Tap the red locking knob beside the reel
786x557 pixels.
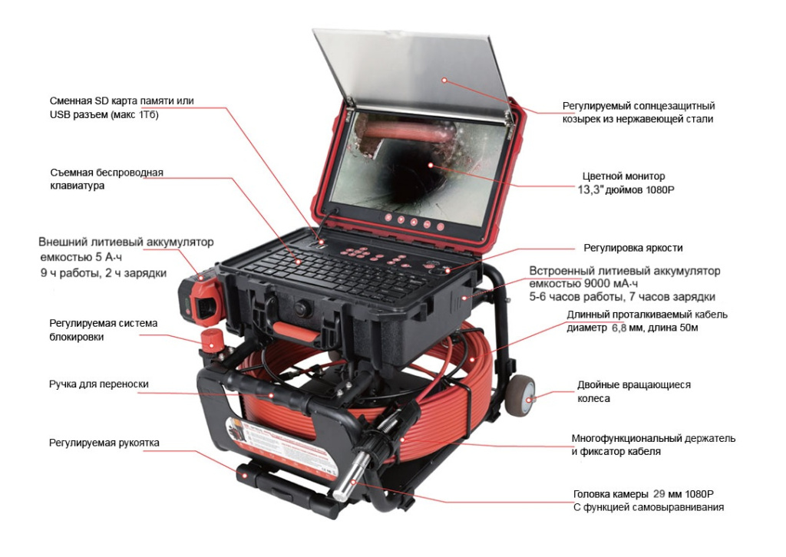[x=212, y=339]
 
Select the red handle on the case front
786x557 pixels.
[x=296, y=331]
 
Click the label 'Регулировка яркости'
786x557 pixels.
[x=632, y=248]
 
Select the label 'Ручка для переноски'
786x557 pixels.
[x=99, y=384]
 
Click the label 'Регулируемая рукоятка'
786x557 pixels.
[x=104, y=443]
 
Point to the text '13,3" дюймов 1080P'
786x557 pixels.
[x=626, y=190]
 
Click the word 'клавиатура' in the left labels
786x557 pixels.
[x=78, y=186]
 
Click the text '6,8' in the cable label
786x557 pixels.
[x=619, y=328]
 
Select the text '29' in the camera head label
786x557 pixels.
[x=660, y=494]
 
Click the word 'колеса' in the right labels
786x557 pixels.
[x=593, y=399]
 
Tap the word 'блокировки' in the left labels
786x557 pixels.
[x=77, y=337]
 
